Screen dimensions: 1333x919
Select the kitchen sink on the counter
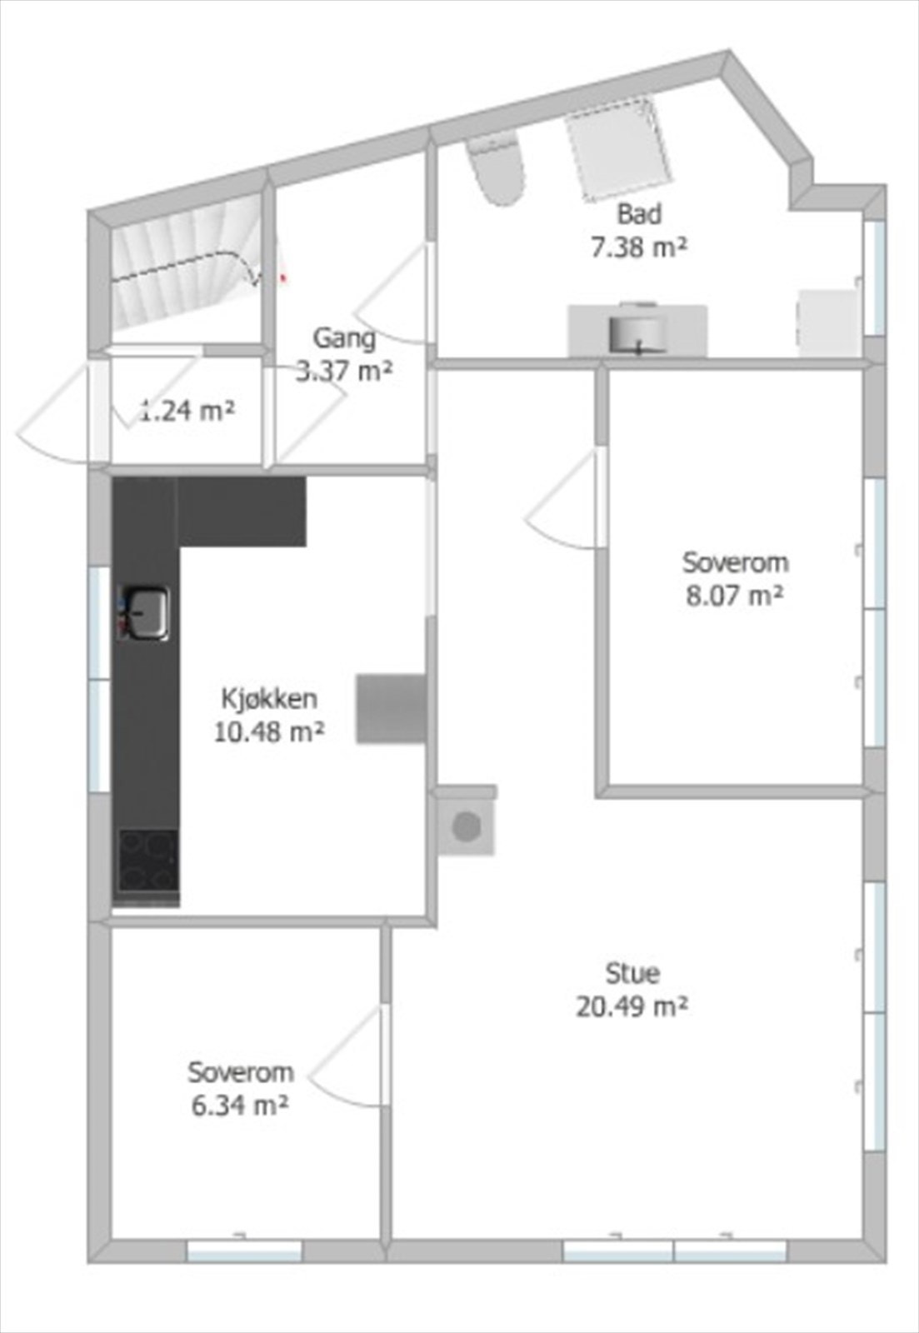(145, 612)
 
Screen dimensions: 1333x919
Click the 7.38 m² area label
(639, 247)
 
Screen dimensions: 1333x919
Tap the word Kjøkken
(269, 697)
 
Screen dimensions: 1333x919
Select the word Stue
(632, 972)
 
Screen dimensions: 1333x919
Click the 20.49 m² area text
(632, 1006)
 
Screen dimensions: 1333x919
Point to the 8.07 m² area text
(735, 596)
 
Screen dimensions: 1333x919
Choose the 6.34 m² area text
(240, 1106)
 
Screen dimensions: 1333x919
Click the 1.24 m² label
(187, 411)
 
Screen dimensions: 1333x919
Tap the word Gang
(344, 337)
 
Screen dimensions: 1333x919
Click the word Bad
(639, 213)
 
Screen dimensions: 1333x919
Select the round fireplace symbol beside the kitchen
(467, 827)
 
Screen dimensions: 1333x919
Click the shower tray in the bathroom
(619, 150)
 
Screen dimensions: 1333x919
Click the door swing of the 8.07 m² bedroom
(565, 504)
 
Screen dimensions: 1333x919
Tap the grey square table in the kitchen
(392, 708)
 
